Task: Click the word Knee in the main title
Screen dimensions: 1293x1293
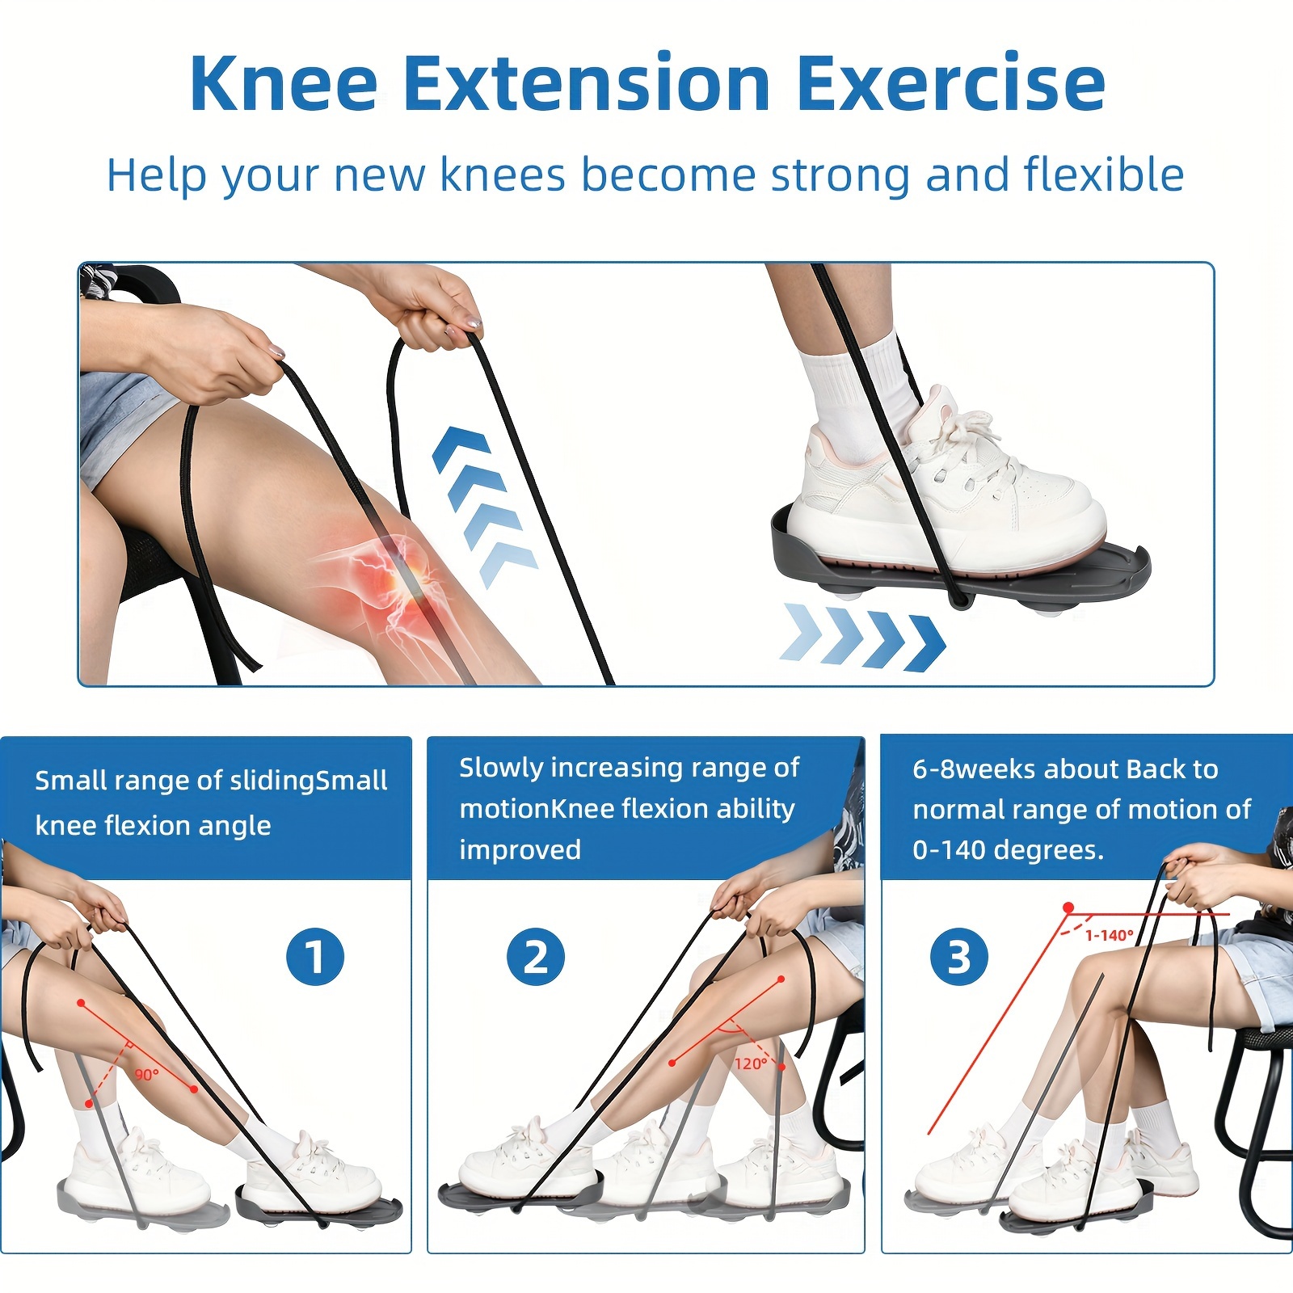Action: coord(284,83)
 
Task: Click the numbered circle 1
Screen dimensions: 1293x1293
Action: coord(315,957)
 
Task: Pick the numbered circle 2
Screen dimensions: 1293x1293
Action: coord(536,957)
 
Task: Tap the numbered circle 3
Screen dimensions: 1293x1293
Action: coord(959,956)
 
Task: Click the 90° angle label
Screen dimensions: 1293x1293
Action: coord(146,1075)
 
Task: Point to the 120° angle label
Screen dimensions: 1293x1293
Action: coord(751,1063)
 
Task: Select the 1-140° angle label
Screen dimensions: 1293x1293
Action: coord(1109,936)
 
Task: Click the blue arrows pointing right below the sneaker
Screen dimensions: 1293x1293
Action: coord(863,638)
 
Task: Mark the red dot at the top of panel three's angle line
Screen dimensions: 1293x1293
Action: coord(1068,908)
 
